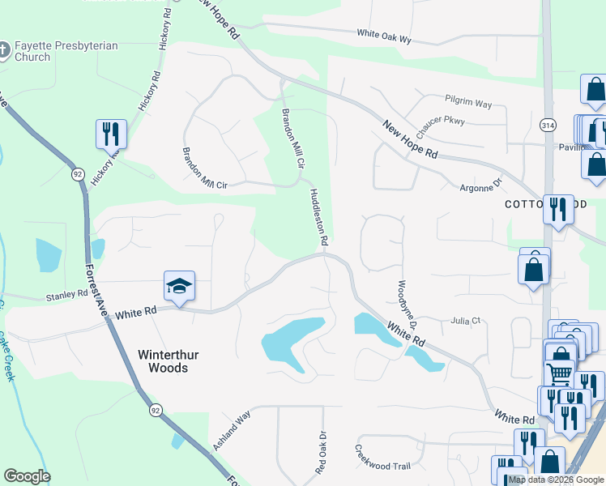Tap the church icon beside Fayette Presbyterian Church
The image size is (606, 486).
pos(4,51)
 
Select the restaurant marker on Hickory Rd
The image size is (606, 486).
pos(112,134)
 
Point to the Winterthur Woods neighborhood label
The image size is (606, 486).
pos(163,361)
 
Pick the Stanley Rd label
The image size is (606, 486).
pos(66,295)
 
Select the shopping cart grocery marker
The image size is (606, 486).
pos(559,374)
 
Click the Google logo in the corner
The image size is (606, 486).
pos(27,476)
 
